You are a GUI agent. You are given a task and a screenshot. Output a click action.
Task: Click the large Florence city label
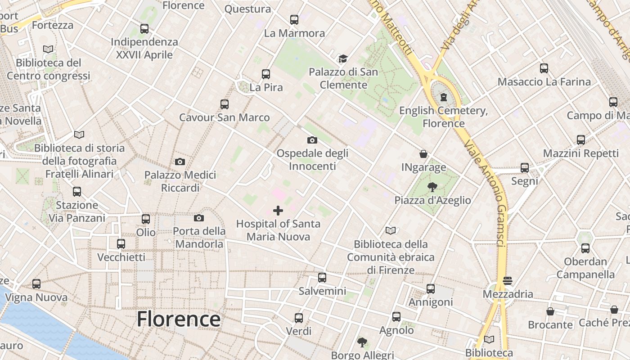[179, 319]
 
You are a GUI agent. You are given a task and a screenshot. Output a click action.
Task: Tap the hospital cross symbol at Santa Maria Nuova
[278, 210]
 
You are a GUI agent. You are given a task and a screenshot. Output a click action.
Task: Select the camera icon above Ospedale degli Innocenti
[312, 140]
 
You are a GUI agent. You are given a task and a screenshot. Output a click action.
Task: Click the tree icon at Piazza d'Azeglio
[432, 187]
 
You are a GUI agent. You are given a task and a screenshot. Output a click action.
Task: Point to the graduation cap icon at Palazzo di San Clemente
[343, 59]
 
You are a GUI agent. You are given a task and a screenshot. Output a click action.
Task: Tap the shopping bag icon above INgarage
[423, 154]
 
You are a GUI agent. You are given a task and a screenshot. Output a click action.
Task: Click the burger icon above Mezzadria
[508, 281]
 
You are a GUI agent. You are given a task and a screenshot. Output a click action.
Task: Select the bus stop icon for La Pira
[266, 74]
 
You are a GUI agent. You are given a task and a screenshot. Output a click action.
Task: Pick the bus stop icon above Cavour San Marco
[225, 104]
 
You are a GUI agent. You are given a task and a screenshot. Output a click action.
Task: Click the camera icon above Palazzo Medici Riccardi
[180, 162]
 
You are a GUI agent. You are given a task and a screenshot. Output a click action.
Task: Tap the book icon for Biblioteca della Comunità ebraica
[391, 231]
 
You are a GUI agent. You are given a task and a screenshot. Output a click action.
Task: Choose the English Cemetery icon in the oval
[444, 97]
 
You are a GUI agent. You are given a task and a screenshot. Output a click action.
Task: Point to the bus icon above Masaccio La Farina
[544, 68]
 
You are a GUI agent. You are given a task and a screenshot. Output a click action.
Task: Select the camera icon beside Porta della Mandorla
[199, 218]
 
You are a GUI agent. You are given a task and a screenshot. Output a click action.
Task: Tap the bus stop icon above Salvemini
[322, 278]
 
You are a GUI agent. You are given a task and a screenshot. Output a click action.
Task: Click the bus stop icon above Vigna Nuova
[36, 284]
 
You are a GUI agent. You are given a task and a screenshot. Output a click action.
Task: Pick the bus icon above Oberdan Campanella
[585, 248]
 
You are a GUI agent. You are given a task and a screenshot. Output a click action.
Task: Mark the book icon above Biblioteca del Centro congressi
[49, 49]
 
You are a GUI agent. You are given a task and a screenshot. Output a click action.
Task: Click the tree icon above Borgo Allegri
[362, 342]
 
